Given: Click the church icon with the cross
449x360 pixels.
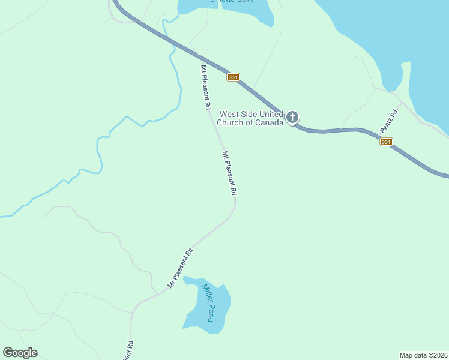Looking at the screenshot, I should click(292, 117).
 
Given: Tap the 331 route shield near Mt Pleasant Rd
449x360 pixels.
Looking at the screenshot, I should click(234, 77).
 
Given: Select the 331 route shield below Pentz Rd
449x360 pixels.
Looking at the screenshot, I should click(386, 142).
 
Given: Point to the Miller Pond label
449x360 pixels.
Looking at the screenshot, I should click(208, 302).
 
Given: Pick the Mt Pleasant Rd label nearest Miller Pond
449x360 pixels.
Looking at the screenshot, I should click(180, 268).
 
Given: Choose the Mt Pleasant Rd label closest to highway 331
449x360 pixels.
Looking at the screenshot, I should click(206, 86).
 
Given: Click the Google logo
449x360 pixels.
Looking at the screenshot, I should click(20, 353).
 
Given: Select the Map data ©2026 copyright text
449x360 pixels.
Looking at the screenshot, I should click(423, 355).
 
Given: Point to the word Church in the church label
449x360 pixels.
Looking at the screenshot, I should click(233, 123).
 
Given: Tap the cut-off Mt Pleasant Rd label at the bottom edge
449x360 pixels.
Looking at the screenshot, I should click(129, 350).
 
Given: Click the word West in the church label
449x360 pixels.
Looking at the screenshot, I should click(229, 114).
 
